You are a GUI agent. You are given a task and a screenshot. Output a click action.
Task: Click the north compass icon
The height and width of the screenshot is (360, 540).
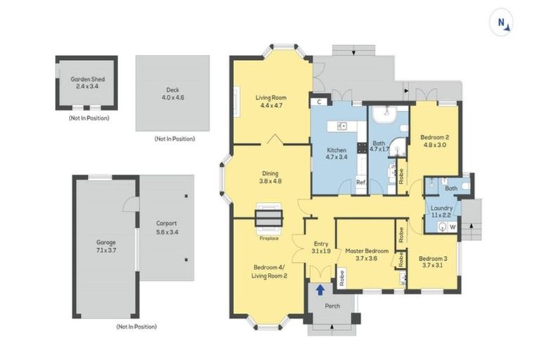pyautogui.click(x=503, y=23)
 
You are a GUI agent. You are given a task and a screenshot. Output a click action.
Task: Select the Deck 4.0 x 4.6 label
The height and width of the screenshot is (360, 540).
pyautogui.click(x=172, y=94)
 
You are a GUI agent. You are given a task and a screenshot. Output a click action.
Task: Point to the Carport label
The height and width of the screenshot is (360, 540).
pyautogui.click(x=166, y=226)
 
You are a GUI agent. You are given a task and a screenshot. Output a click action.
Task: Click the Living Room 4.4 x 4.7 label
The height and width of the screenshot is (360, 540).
pyautogui.click(x=271, y=101)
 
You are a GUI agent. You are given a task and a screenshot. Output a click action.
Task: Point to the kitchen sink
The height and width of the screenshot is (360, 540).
pyautogui.click(x=343, y=127)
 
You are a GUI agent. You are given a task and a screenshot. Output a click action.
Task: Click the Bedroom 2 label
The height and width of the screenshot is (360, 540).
pyautogui.click(x=434, y=141)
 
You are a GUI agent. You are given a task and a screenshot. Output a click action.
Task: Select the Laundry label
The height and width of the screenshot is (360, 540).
pyautogui.click(x=442, y=212)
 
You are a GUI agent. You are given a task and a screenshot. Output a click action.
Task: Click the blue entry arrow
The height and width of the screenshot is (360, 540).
pyautogui.click(x=321, y=289)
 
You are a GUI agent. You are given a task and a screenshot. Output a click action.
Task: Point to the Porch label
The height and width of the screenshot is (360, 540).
pyautogui.click(x=332, y=306)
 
